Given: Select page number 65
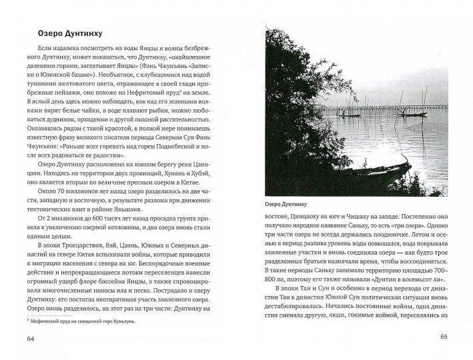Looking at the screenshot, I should (443, 336).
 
